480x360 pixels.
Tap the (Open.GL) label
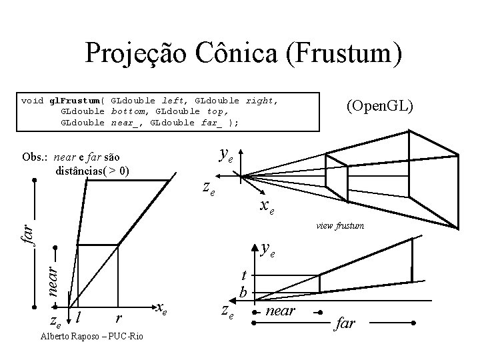(379, 107)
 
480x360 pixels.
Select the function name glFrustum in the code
(77, 101)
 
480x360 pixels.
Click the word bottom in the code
(129, 112)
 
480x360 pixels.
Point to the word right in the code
(261, 101)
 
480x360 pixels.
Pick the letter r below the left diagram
(118, 317)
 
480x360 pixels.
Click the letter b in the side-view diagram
(243, 292)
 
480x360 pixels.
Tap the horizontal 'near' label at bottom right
(280, 311)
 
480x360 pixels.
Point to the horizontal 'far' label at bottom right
(345, 324)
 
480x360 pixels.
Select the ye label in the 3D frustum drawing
(226, 155)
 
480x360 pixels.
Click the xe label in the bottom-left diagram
(160, 307)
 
